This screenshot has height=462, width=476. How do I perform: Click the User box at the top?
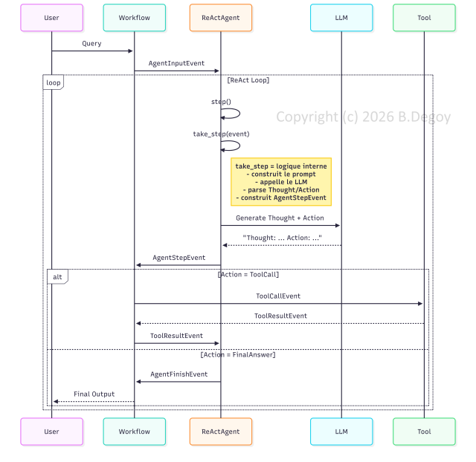pos(51,18)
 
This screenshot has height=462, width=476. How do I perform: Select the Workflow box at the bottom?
pos(135,432)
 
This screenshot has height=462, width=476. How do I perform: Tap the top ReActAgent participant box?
pos(221,18)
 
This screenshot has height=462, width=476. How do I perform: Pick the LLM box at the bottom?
pos(341,432)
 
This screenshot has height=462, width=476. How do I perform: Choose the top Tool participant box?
pos(424,18)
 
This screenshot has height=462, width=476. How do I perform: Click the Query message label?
pos(91,44)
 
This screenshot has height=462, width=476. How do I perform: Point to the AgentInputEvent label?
pos(176,63)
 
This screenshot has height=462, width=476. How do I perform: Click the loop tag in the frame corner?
pos(53,82)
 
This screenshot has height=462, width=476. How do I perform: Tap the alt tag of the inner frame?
pos(57,277)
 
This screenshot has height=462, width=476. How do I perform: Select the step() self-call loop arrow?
pos(239,114)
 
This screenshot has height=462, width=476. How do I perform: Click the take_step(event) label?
pos(221,134)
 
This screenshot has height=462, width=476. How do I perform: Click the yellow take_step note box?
pos(281,182)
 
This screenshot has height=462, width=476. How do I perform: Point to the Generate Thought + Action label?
pos(280,218)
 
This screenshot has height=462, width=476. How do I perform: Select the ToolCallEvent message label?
pos(278,296)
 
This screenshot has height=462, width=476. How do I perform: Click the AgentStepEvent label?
pos(178,258)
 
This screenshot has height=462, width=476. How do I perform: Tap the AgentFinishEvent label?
pos(178,374)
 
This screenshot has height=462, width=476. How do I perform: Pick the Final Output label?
pos(94,394)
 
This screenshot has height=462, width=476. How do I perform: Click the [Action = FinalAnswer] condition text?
pos(238,355)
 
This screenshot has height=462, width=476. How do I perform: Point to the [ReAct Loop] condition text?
pos(248,80)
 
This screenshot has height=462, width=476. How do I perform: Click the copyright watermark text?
pos(364,117)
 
